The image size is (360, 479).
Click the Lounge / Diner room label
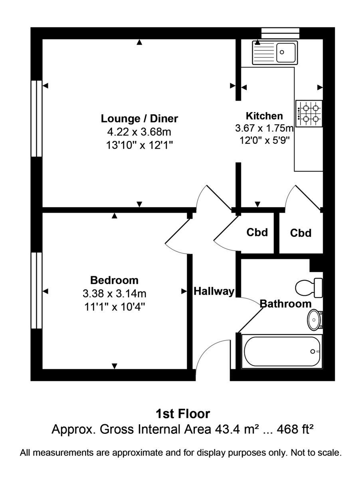[x=139, y=119]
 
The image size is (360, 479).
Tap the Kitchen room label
[x=264, y=116]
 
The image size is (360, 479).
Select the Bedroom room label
[x=114, y=280]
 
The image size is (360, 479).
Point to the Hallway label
[x=214, y=292]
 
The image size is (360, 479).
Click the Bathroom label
[x=285, y=304]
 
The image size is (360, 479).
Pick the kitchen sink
[x=275, y=53]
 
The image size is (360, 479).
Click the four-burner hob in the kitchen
[x=309, y=113]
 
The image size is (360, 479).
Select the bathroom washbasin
[x=315, y=320]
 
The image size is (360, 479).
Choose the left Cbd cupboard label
[x=257, y=232]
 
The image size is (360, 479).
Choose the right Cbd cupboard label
[x=301, y=233]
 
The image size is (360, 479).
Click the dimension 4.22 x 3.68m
[x=139, y=132]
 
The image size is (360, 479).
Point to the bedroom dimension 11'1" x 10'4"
[x=114, y=307]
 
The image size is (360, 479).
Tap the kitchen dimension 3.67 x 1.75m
[x=264, y=129]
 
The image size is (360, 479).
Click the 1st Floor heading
[x=182, y=413]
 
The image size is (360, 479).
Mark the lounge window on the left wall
[x=37, y=118]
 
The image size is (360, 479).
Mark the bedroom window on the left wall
[x=37, y=290]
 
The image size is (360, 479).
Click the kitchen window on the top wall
[x=280, y=33]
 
